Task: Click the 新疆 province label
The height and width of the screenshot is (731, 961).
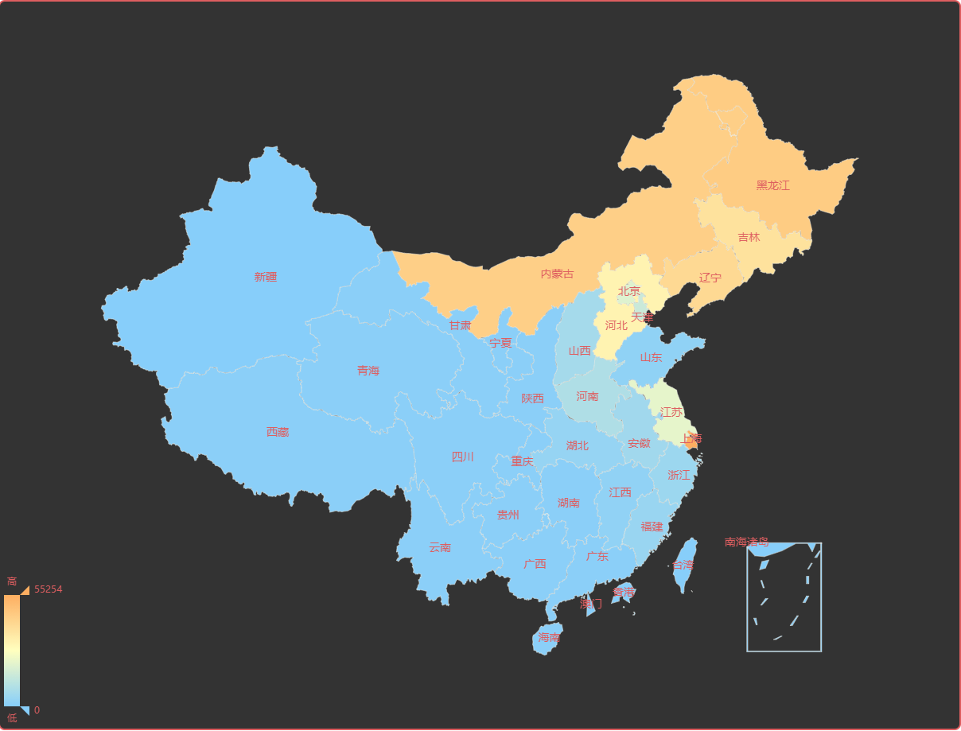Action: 266,277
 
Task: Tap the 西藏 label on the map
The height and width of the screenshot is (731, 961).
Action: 278,432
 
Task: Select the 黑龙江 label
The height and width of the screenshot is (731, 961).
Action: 772,185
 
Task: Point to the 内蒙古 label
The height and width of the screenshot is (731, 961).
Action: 557,274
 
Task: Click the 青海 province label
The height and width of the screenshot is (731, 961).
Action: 368,371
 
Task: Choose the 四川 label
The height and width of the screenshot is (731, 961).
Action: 462,457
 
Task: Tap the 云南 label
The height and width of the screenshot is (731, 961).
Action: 440,547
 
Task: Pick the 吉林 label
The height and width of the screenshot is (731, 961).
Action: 749,237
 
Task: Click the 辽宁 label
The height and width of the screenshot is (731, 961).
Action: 710,278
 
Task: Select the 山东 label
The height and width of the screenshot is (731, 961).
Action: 651,357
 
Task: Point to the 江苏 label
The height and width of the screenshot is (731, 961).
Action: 671,412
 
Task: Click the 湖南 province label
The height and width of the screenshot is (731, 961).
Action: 569,502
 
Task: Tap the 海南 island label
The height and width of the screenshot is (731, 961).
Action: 549,637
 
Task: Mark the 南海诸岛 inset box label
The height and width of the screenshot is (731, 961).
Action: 746,542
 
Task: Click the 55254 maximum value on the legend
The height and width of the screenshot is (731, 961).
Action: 49,589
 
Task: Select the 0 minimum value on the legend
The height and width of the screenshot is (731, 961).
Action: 37,710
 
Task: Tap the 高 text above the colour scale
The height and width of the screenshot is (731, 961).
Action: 12,581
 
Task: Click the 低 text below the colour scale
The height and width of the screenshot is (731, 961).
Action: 12,718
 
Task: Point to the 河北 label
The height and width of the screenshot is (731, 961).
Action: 617,325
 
